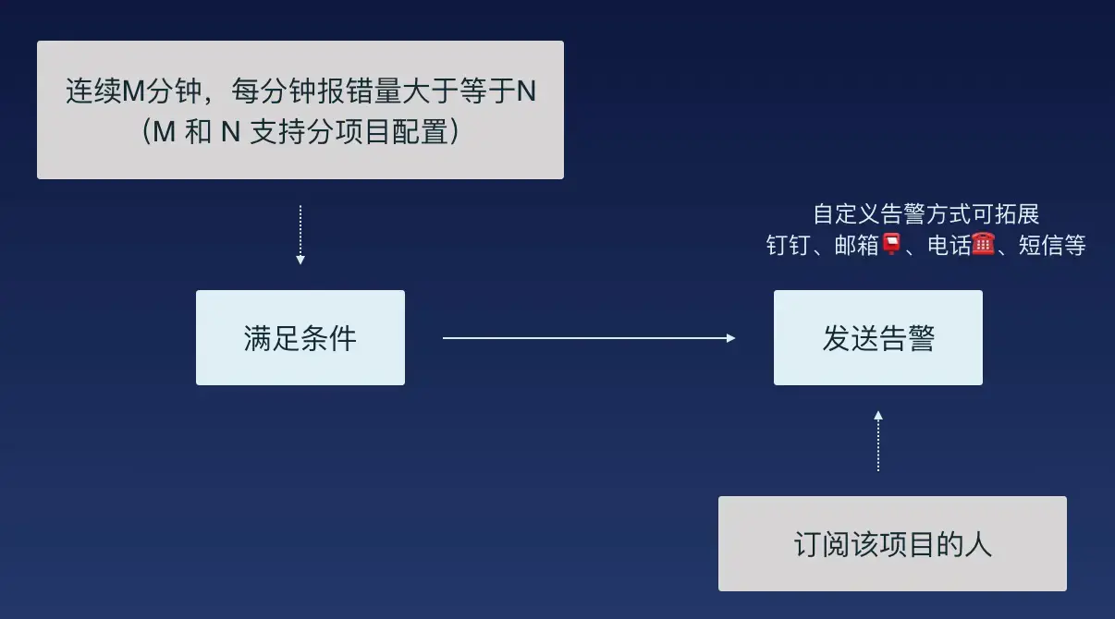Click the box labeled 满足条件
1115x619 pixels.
[x=300, y=338]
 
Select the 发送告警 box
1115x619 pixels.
[x=878, y=338]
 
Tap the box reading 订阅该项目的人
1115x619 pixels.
[x=892, y=544]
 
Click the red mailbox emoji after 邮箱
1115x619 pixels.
[x=891, y=245]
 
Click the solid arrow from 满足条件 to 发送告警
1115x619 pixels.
[x=588, y=338]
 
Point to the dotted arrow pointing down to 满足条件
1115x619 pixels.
[x=300, y=236]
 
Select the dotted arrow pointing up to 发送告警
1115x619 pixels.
[x=878, y=442]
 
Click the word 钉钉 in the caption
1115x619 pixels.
[x=788, y=246]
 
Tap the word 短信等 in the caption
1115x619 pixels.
[x=1052, y=246]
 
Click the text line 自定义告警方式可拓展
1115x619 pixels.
[x=926, y=214]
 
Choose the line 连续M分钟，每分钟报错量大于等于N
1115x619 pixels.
[x=300, y=92]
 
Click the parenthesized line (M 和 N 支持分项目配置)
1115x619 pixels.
[x=300, y=132]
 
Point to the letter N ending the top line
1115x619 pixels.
[x=525, y=92]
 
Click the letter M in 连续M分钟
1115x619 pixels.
[x=135, y=92]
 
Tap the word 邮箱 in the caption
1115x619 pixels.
[x=856, y=246]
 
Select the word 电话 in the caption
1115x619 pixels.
[x=949, y=246]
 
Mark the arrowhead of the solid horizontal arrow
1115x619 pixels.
[x=730, y=338]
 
